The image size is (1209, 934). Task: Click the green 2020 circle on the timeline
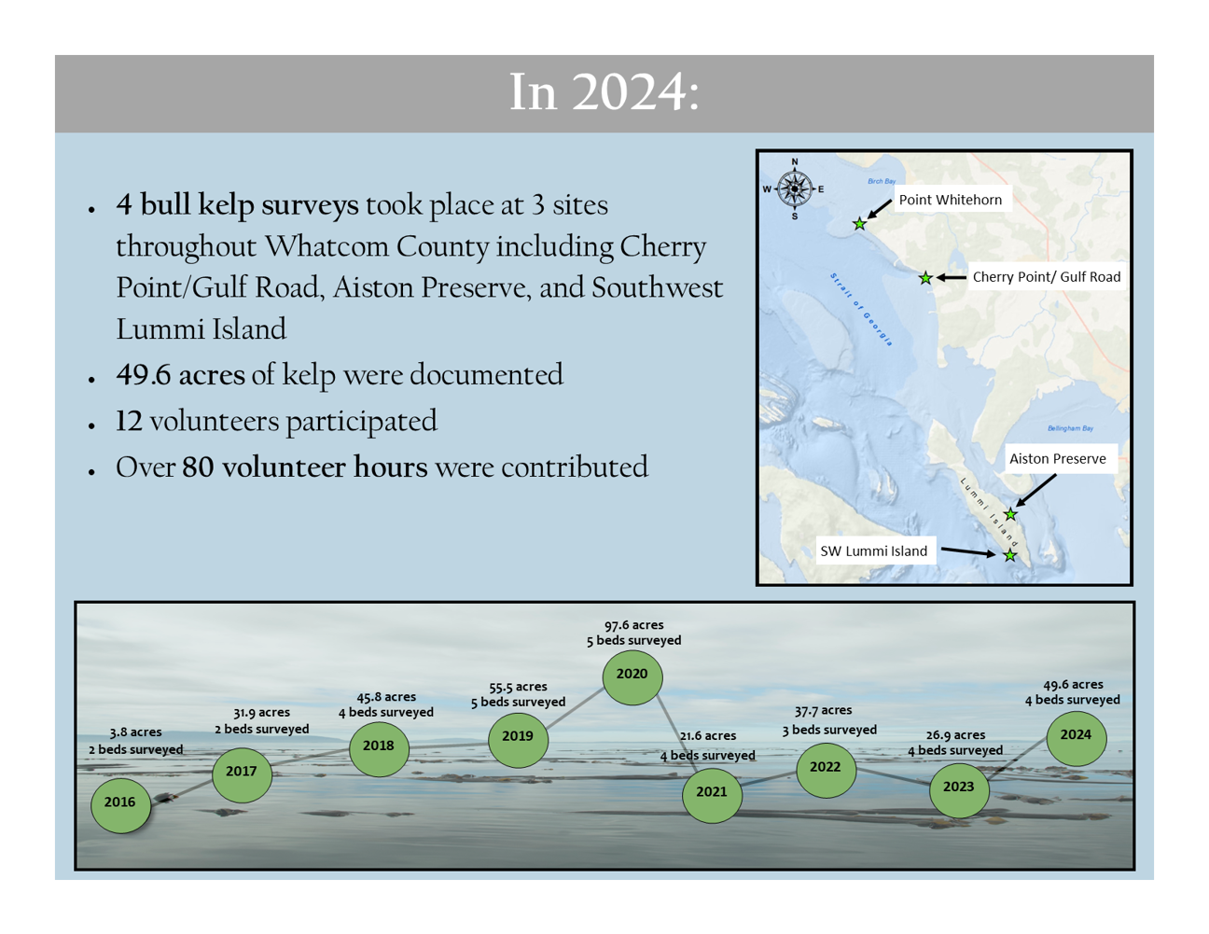[632, 677]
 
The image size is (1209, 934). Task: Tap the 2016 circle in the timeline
[120, 805]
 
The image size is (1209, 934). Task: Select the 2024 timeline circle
[1076, 738]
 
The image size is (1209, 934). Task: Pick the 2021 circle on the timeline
[712, 795]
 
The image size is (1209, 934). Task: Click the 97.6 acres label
[633, 625]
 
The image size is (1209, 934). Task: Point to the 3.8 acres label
[135, 732]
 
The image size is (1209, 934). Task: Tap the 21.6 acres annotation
[708, 735]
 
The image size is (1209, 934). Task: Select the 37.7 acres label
[823, 710]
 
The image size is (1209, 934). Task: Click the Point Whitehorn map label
[951, 200]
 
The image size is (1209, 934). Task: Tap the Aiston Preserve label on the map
[1058, 458]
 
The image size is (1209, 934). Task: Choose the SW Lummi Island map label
[873, 551]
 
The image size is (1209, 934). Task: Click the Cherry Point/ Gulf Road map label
[1047, 276]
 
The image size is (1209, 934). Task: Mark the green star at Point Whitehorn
[859, 224]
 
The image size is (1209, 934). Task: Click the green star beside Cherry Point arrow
[925, 277]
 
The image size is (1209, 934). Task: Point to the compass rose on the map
[795, 188]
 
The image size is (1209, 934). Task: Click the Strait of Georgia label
[861, 309]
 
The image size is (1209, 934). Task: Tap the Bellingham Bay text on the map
[1070, 428]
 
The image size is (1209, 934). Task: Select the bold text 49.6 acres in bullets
[180, 374]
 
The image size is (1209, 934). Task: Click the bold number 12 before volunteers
[129, 421]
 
